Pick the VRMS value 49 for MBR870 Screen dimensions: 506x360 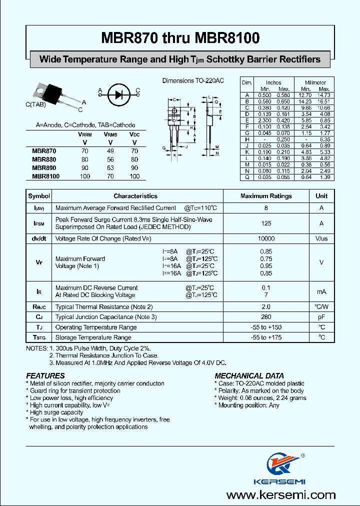(x=110, y=150)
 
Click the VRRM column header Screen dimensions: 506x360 (x=84, y=134)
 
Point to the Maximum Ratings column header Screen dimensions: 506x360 (x=266, y=196)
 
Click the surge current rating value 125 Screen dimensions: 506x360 (x=266, y=223)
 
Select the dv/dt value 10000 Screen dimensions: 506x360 (x=266, y=239)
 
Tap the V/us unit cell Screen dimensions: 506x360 (x=321, y=239)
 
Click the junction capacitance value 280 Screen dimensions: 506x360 (x=266, y=317)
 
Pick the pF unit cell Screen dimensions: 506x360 (x=321, y=317)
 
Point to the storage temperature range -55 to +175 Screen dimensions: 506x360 (x=266, y=337)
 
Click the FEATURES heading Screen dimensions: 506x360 (x=45, y=375)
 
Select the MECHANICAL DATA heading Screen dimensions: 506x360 (x=249, y=375)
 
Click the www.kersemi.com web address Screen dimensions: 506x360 (x=281, y=494)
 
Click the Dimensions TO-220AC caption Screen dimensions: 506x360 (x=192, y=80)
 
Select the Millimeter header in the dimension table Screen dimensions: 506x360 (x=315, y=82)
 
